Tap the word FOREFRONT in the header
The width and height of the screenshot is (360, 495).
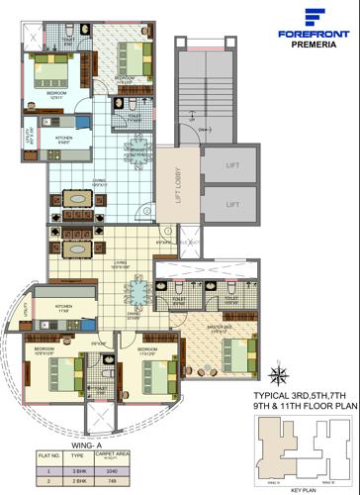pyautogui.click(x=315, y=33)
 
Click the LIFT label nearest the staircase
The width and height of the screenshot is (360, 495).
pyautogui.click(x=231, y=166)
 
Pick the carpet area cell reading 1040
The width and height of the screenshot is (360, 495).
pyautogui.click(x=97, y=473)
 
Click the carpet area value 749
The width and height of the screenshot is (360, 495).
pyautogui.click(x=97, y=483)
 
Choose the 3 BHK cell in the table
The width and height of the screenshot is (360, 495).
pyautogui.click(x=69, y=473)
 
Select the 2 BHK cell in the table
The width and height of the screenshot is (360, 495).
pyautogui.click(x=69, y=483)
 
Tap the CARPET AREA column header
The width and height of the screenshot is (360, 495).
pyautogui.click(x=97, y=461)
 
